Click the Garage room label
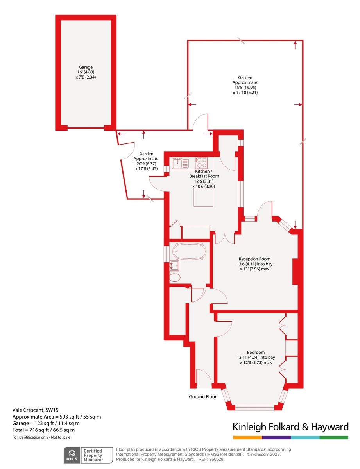tap(86, 67)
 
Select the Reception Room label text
tap(254, 259)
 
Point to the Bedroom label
tap(256, 352)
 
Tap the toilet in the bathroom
tap(175, 278)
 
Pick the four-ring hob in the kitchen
tap(202, 162)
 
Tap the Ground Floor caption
tap(202, 397)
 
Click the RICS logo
tap(72, 455)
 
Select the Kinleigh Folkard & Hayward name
tap(290, 426)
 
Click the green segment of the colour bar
tap(334, 437)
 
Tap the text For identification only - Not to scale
tap(41, 437)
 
